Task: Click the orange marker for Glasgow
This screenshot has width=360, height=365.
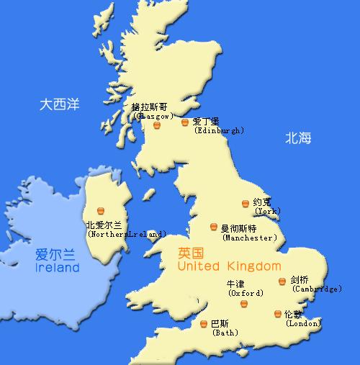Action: [156, 126]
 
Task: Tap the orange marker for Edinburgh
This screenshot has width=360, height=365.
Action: [185, 122]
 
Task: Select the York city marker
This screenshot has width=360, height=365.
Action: [246, 204]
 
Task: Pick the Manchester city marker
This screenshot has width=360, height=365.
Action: [213, 227]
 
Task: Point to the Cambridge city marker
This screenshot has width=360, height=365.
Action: [282, 281]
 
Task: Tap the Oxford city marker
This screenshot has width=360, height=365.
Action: [243, 304]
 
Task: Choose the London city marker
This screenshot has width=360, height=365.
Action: [278, 314]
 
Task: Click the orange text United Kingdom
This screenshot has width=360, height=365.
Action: [225, 267]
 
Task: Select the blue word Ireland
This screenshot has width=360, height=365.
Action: [57, 268]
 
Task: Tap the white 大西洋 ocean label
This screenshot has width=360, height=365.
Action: [59, 105]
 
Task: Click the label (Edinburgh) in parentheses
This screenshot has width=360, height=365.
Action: [220, 131]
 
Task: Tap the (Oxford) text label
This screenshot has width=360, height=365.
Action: [245, 293]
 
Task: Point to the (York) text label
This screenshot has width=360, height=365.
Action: [268, 211]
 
